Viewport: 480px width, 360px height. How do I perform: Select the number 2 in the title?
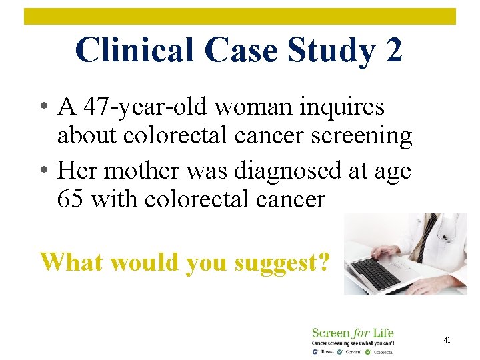pyautogui.click(x=392, y=50)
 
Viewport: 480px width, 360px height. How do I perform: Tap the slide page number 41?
pyautogui.click(x=447, y=340)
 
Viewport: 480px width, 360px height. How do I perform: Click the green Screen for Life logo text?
pyautogui.click(x=353, y=333)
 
